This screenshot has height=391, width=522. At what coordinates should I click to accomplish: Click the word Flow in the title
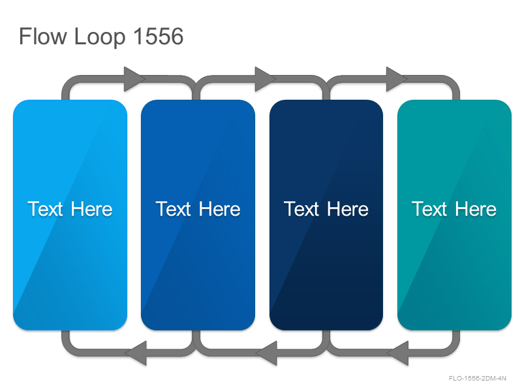point(43,36)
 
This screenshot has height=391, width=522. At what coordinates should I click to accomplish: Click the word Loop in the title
point(100,38)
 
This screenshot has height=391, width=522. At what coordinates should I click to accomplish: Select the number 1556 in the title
point(159,36)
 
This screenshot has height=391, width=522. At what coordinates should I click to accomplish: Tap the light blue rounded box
point(70,215)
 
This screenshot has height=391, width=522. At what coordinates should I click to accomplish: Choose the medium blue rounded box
point(198,215)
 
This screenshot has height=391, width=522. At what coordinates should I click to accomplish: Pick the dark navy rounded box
point(326,215)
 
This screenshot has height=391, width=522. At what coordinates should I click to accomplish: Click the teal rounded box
point(454,215)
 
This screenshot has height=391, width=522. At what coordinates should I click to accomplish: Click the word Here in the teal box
point(476,209)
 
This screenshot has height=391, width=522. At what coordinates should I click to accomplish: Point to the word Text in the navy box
point(301,209)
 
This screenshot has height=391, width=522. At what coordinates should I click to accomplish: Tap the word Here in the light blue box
point(91,209)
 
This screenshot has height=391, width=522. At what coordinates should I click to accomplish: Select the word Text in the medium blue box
point(173,209)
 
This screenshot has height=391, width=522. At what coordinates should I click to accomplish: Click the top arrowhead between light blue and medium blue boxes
point(135,79)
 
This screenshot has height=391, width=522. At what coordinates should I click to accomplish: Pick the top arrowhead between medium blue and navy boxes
point(266,79)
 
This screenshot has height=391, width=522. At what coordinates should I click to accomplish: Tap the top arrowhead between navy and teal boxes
point(397,79)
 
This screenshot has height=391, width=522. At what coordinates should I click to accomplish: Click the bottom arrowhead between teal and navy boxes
point(397,353)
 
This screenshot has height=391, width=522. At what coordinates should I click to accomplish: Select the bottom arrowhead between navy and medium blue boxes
point(266,353)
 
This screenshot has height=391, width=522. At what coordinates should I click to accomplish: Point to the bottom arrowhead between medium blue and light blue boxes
point(135,353)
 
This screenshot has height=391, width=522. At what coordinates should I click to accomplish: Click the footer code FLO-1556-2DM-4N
point(478,379)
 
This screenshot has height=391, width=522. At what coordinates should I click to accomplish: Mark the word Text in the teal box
point(429,209)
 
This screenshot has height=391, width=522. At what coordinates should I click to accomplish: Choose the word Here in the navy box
point(348,209)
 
